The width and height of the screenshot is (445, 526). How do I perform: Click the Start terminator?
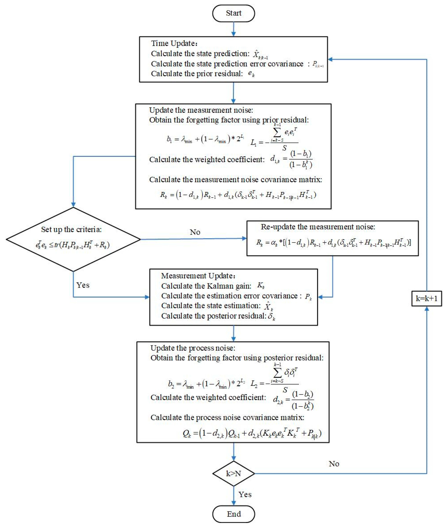[233, 13]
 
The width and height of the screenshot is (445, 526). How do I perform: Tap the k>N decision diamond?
[233, 474]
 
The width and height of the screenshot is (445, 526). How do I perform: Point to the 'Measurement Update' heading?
[198, 276]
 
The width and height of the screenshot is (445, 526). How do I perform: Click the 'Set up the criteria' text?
[71, 229]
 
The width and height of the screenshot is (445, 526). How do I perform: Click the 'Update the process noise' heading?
[193, 348]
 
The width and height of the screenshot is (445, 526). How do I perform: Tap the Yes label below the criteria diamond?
[83, 285]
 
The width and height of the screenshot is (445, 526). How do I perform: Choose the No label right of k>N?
[334, 464]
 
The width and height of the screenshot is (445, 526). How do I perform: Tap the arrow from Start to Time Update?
[233, 29]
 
